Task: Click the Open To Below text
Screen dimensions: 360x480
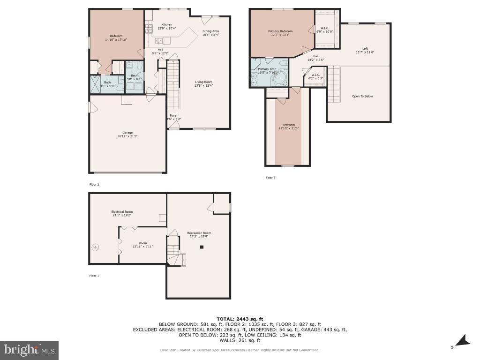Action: click(362, 96)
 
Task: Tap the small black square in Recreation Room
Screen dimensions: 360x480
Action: click(202, 247)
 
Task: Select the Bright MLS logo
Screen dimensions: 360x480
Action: click(29, 350)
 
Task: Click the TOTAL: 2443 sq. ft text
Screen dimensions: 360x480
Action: click(240, 319)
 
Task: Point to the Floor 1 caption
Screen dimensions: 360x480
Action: click(94, 276)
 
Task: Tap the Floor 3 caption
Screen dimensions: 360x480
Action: click(270, 178)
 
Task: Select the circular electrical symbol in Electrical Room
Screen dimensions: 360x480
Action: click(95, 247)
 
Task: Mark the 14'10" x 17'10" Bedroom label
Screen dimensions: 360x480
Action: click(116, 38)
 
